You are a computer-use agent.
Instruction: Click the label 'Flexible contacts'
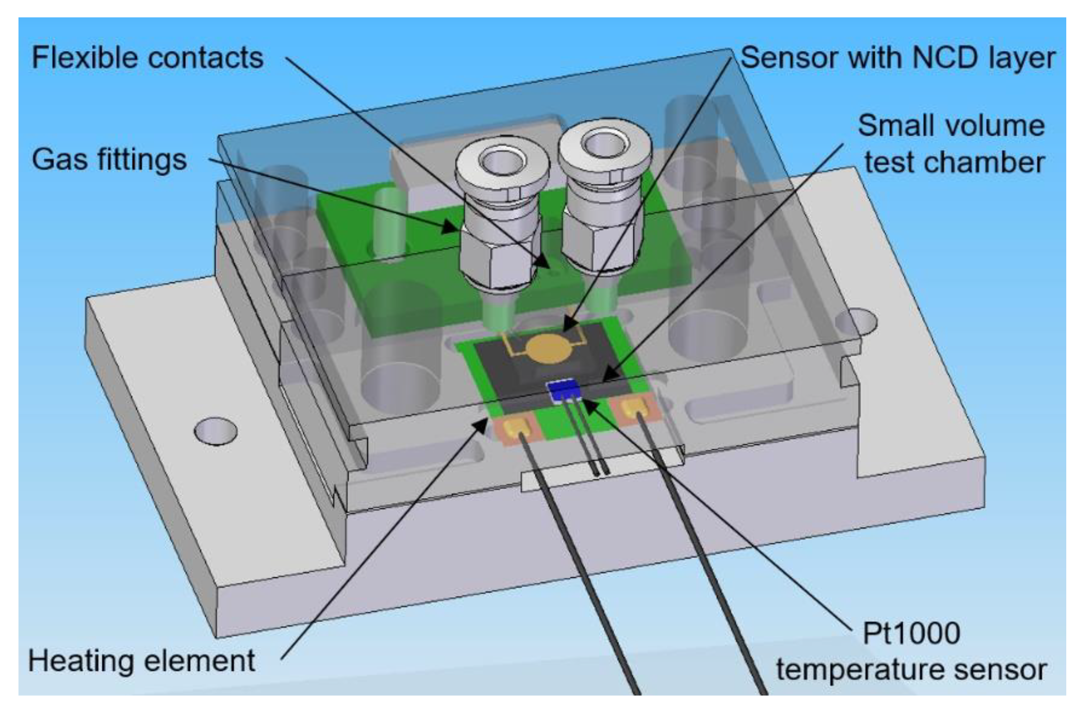(147, 58)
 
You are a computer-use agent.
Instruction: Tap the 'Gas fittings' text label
(109, 160)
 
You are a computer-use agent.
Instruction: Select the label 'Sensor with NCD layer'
(898, 58)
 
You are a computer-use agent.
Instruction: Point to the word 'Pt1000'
(911, 633)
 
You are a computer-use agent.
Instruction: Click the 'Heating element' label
(142, 661)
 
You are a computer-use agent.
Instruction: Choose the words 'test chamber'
(954, 163)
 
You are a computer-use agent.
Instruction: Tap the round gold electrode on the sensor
(548, 348)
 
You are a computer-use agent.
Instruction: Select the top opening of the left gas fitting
(501, 162)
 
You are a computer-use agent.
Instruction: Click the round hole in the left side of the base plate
(215, 431)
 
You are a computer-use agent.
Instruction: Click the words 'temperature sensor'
(911, 670)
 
